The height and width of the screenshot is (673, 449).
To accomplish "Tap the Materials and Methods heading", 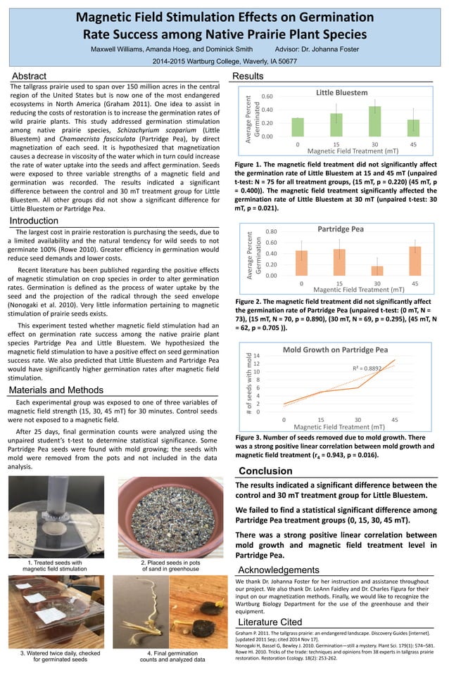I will click(x=56, y=390).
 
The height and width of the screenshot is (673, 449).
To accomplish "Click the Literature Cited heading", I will click(x=271, y=622).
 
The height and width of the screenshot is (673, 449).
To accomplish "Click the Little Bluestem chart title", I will click(x=341, y=92).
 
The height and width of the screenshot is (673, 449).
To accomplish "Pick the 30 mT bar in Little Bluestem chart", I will click(x=376, y=121).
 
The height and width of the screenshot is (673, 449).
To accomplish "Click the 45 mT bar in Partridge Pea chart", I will click(x=415, y=261).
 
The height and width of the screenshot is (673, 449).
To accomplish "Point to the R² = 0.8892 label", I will click(x=367, y=368).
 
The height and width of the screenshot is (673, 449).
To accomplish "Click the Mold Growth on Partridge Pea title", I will click(x=335, y=349).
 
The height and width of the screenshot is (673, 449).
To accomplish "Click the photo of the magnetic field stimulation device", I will click(x=56, y=516).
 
